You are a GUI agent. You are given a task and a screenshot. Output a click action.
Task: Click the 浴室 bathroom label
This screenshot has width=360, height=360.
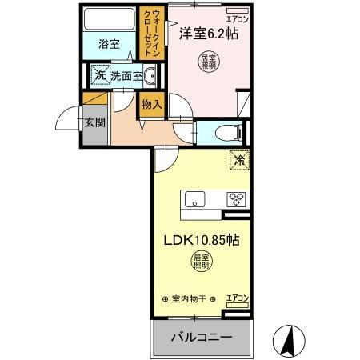(110, 44)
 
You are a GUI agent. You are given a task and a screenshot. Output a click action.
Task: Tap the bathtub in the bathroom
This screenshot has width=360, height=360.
(110, 19)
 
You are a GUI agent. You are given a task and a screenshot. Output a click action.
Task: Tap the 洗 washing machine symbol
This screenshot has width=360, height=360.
(99, 76)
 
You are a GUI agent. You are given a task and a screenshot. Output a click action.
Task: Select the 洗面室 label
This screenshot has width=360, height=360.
(126, 77)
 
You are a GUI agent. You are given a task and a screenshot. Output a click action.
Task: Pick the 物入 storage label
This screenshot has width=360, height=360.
(151, 104)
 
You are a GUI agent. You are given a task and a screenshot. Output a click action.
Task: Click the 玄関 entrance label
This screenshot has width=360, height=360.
(93, 123)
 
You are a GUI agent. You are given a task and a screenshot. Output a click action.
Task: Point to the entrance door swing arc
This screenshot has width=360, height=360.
(67, 120)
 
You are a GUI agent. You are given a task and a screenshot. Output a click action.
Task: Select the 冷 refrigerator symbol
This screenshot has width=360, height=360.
(239, 159)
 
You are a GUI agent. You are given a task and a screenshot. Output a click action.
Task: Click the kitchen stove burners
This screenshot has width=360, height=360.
(237, 199)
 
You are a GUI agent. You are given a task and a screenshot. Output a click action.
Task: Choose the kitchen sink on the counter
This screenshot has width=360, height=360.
(196, 199)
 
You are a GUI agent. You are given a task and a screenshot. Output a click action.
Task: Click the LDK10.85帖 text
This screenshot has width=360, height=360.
(201, 239)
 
